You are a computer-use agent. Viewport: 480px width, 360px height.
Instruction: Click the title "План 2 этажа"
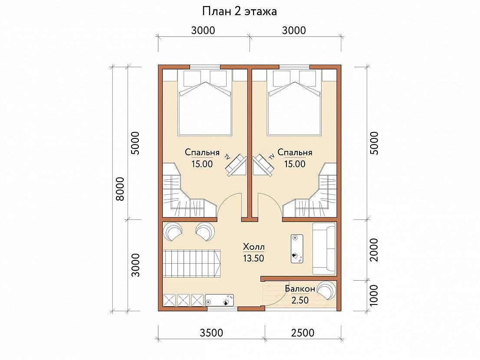[x=240, y=12]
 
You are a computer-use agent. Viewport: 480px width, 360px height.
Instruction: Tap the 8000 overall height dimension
[x=120, y=189]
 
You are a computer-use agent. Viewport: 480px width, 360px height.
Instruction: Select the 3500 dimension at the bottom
[x=211, y=333]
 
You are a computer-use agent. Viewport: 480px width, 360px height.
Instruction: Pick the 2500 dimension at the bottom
[x=303, y=333]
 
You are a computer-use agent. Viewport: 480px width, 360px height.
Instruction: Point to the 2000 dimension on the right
[x=374, y=250]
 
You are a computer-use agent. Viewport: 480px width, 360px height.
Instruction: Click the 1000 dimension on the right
[x=374, y=295]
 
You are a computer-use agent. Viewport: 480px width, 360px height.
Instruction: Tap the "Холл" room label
[x=254, y=246]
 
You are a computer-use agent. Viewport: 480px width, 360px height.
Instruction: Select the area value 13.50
[x=253, y=259]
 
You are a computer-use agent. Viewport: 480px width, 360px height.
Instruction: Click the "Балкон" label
[x=300, y=289]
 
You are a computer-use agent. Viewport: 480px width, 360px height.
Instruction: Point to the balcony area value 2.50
[x=300, y=300]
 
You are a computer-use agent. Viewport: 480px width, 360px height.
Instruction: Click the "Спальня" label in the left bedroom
[x=202, y=152]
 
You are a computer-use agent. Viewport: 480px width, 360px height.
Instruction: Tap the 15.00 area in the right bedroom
[x=295, y=164]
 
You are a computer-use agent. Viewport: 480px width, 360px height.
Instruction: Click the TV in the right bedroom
[x=263, y=164]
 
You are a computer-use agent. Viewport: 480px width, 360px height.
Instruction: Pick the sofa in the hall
[x=324, y=249]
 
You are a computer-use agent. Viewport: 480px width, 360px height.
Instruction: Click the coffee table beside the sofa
[x=297, y=249]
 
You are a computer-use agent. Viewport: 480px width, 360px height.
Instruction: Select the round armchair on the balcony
[x=326, y=290]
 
